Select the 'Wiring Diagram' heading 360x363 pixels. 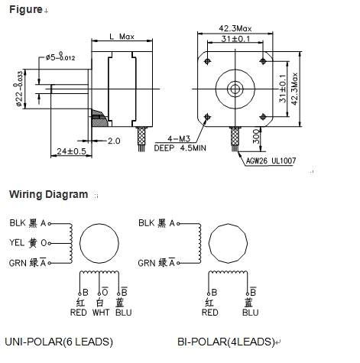pyautogui.click(x=48, y=194)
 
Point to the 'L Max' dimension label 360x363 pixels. pyautogui.click(x=122, y=37)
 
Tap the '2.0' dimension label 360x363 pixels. pyautogui.click(x=114, y=141)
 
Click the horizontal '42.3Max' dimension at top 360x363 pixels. pyautogui.click(x=235, y=29)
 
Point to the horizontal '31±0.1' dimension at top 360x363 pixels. pyautogui.click(x=235, y=39)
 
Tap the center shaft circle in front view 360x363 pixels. pyautogui.click(x=235, y=87)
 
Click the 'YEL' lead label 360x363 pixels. pyautogui.click(x=17, y=243)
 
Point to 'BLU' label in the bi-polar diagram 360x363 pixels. pyautogui.click(x=250, y=312)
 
